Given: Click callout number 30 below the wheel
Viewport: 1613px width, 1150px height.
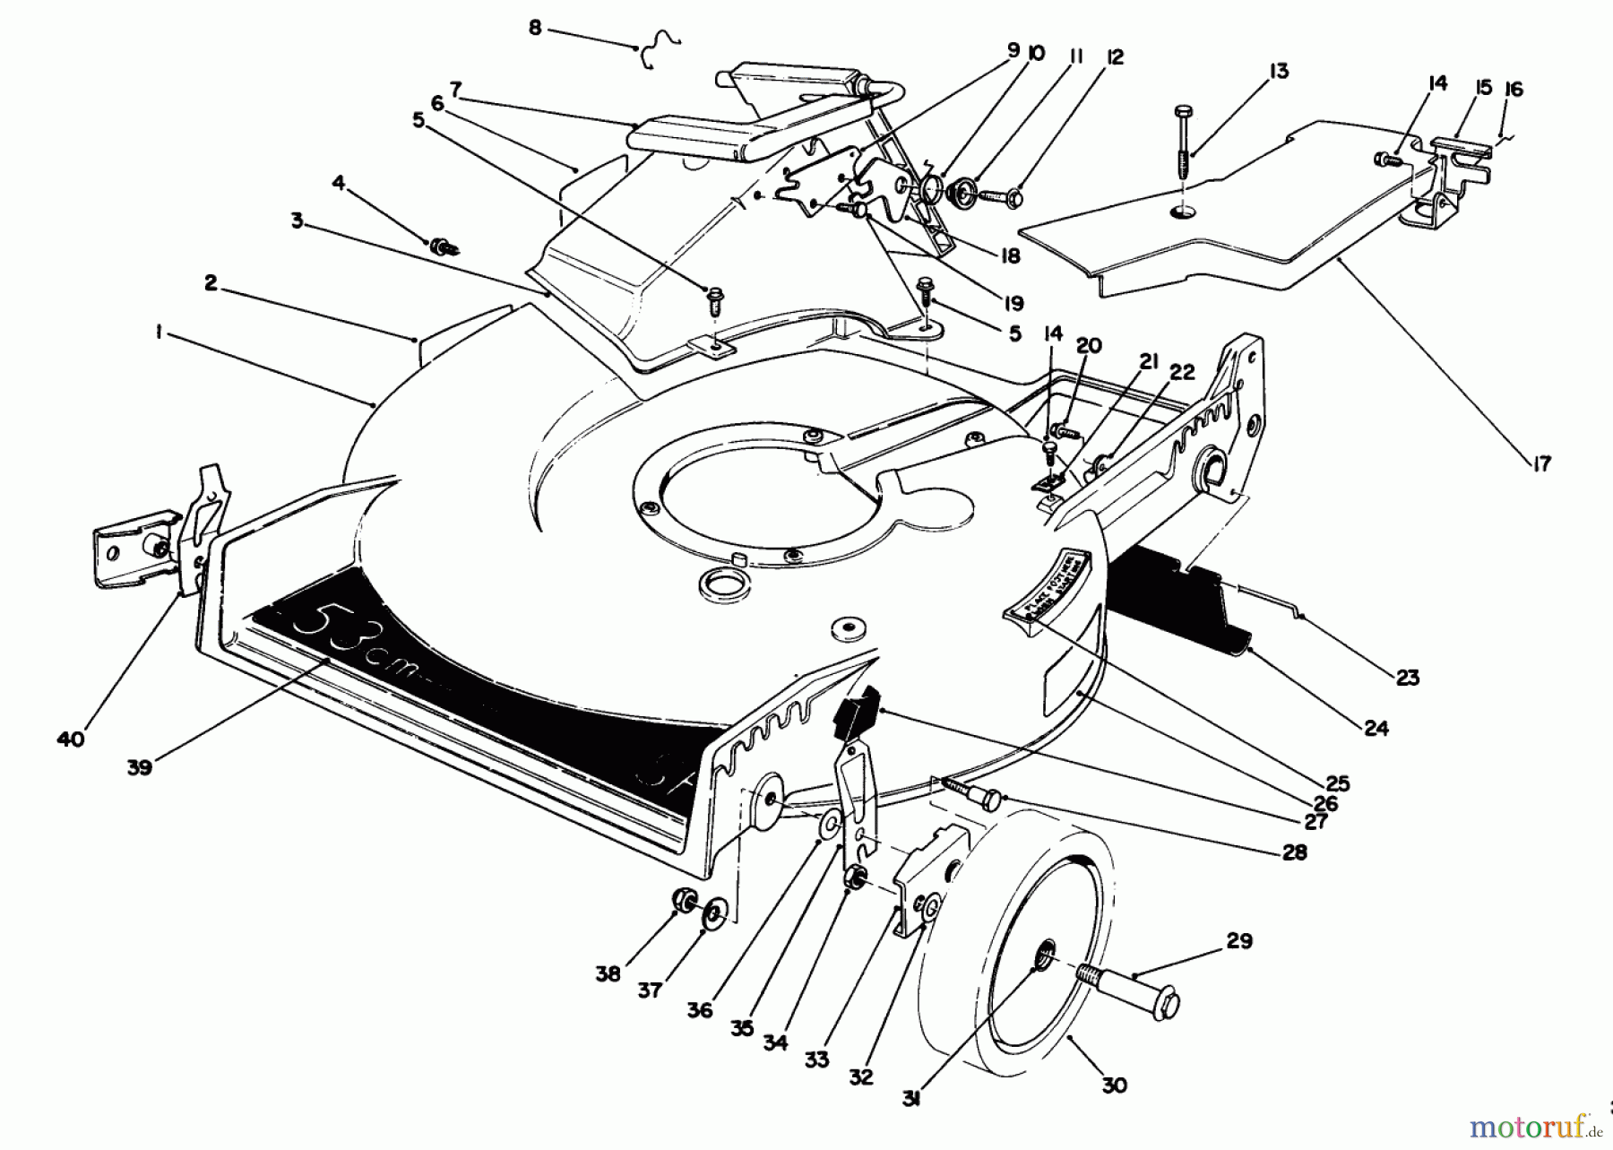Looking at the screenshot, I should pos(1113,1085).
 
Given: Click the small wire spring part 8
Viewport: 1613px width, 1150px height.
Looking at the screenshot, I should pos(660,49).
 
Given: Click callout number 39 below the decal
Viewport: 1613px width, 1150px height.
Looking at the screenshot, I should pos(140,766).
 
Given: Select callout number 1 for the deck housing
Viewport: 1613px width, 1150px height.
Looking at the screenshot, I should pos(158,333).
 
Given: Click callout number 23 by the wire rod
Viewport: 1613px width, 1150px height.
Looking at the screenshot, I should pos(1408,677).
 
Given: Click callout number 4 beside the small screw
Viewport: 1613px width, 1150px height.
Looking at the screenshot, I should pos(338,184).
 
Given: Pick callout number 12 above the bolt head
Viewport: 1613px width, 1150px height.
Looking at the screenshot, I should pos(1115,57).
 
